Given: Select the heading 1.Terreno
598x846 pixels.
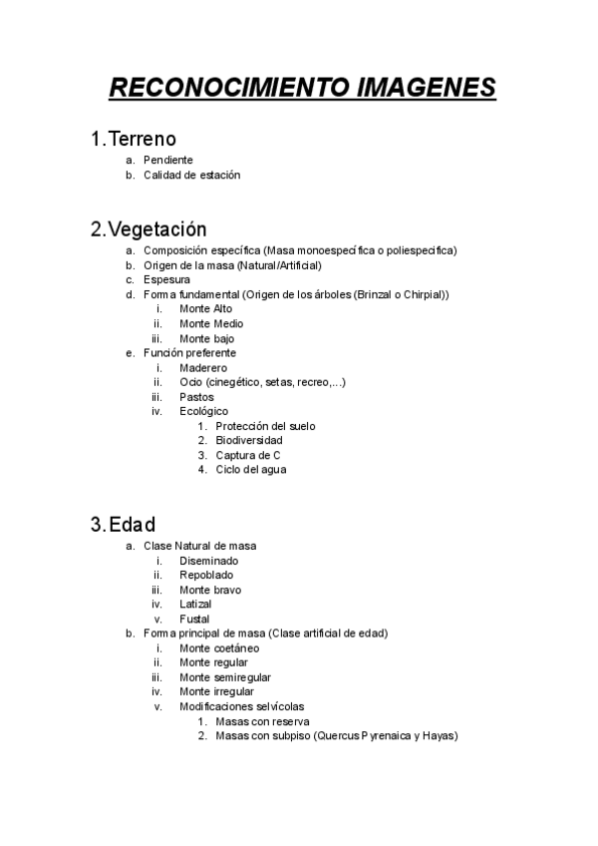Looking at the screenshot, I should (133, 139).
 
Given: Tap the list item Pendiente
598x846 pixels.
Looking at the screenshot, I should (167, 160).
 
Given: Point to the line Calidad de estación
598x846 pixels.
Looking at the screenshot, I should (191, 175).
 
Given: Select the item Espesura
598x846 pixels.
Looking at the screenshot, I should (166, 280).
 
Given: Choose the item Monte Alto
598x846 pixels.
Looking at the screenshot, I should (205, 309).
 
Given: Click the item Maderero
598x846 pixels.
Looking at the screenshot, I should (203, 368).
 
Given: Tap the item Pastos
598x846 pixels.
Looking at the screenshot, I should (196, 397).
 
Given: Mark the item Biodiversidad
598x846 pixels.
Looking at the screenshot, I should (249, 440).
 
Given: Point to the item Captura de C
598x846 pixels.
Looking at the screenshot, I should (248, 455).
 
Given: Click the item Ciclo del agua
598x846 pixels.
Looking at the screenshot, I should (250, 470).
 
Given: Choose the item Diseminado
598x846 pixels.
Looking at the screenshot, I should (208, 561).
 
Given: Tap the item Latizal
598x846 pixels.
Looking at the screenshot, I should (195, 605).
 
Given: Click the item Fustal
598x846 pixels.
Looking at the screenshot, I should (194, 620).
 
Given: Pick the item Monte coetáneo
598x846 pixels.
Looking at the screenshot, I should (219, 648).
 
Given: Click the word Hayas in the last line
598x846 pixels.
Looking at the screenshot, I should (439, 736).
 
